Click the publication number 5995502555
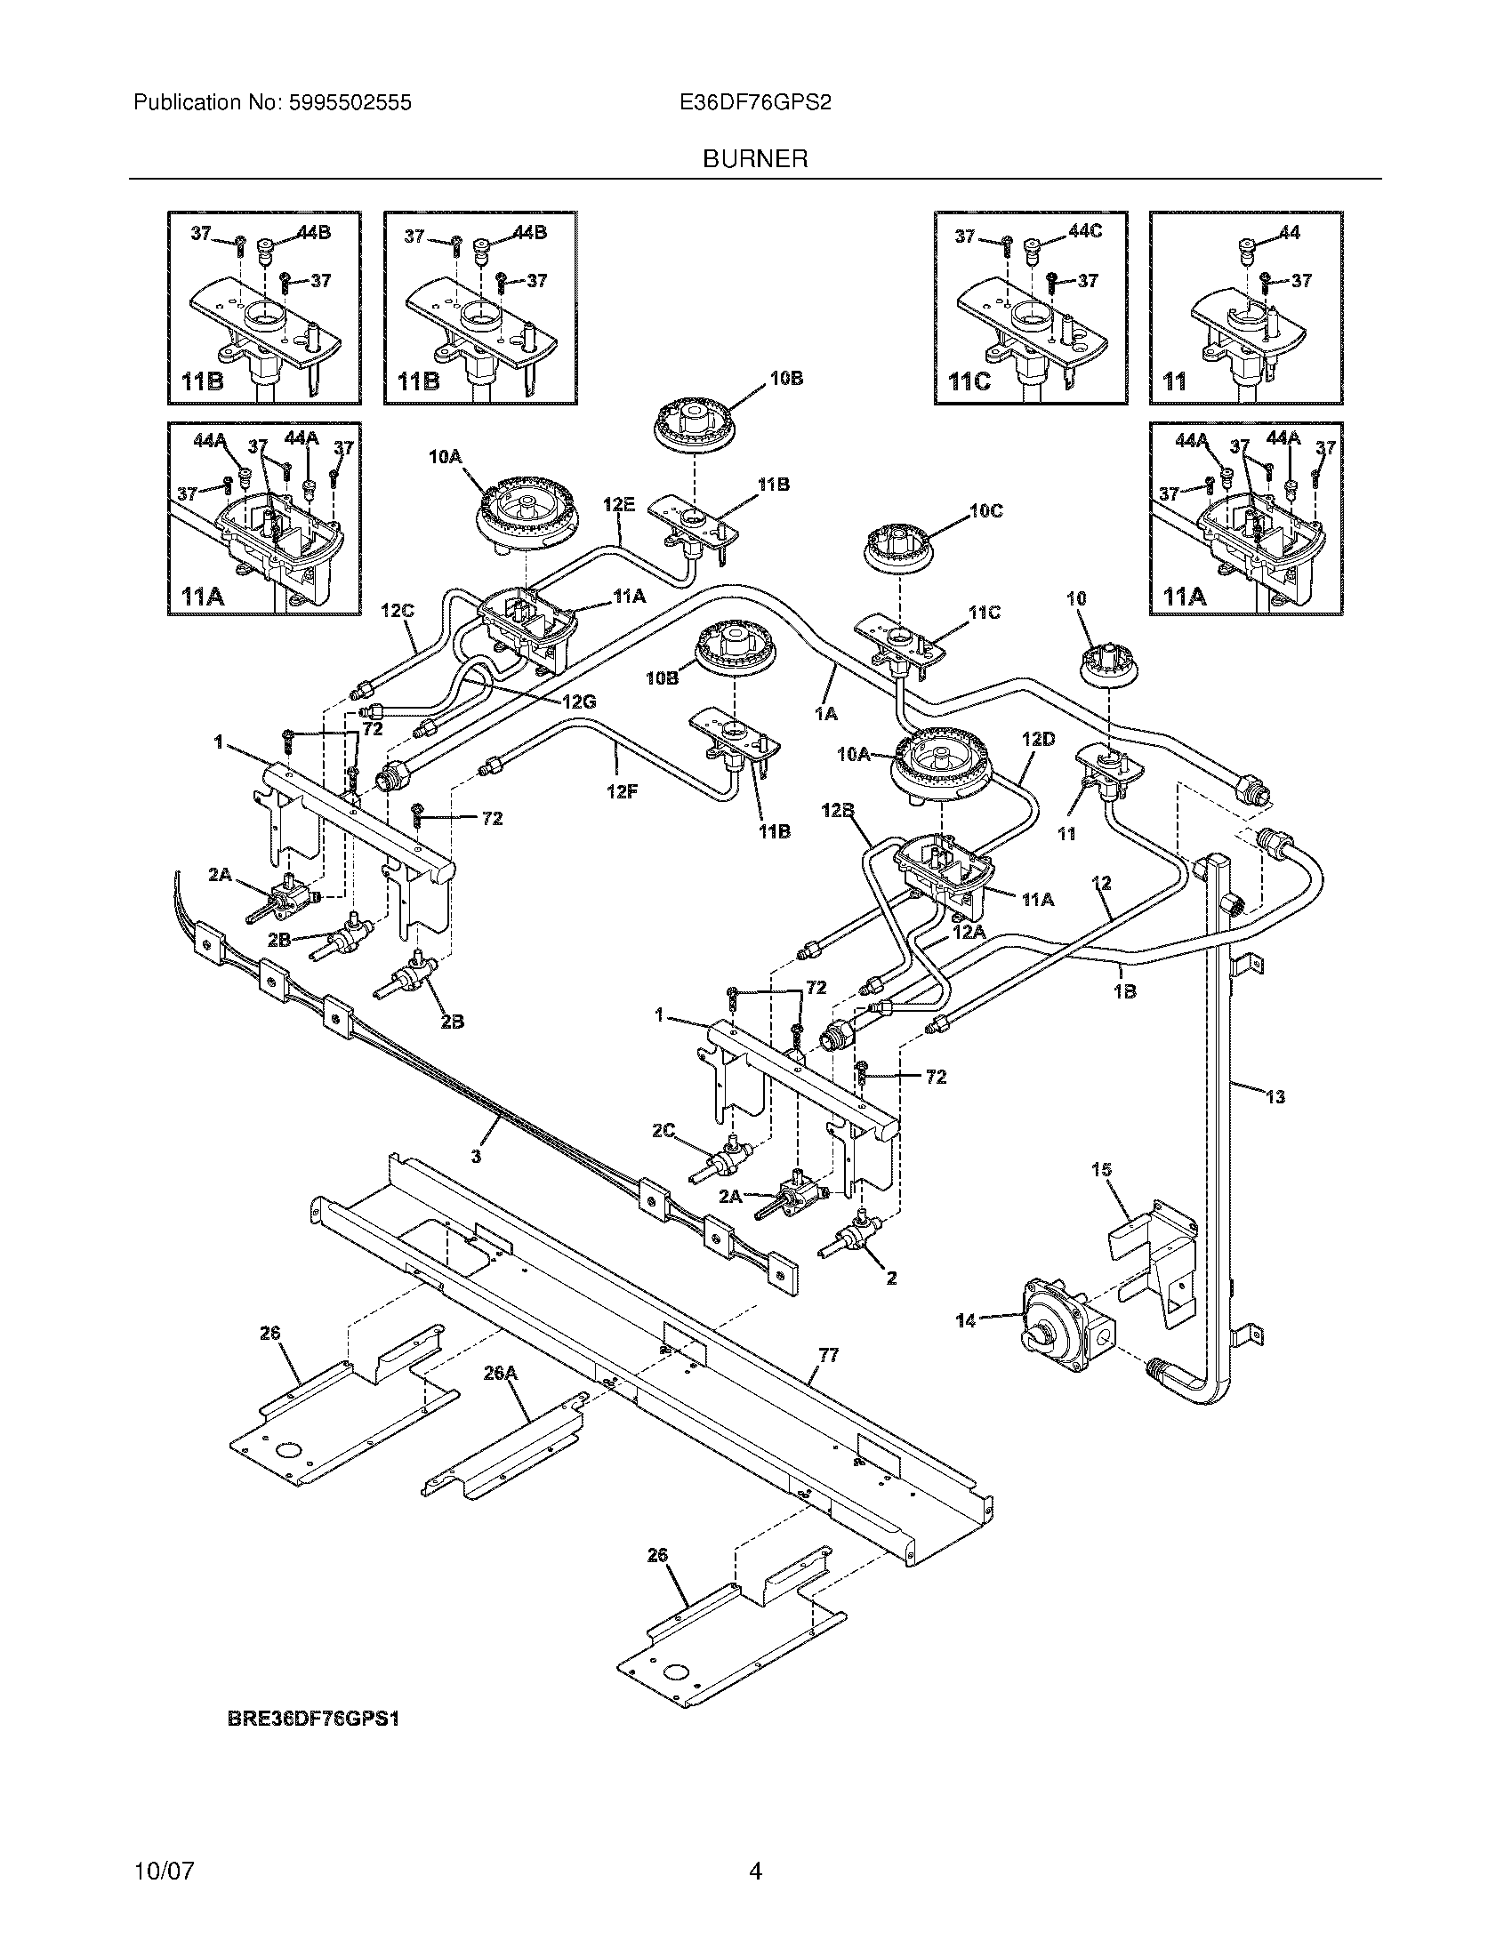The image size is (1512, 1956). [350, 103]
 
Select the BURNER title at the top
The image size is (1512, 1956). [755, 159]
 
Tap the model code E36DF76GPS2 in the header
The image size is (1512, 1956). [755, 103]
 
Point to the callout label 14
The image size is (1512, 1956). [966, 1345]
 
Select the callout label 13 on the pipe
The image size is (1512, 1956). [1275, 1096]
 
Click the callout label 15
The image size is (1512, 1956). [1101, 1170]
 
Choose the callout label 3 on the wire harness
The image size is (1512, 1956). [476, 1157]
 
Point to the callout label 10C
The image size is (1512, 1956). [985, 510]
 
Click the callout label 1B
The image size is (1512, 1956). [1125, 991]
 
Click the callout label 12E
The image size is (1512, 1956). [619, 505]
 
